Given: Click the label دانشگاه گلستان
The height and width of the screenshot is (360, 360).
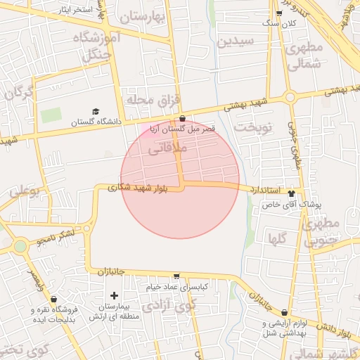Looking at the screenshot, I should click(95, 122).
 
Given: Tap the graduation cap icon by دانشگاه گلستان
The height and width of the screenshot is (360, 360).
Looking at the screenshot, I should click(96, 111).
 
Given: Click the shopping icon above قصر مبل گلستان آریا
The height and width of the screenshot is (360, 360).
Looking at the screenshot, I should click(183, 118).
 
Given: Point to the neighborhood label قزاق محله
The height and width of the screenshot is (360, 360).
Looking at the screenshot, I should click(149, 101).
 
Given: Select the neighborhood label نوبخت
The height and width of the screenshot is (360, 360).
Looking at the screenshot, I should click(252, 128).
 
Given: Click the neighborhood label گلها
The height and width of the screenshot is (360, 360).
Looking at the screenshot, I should click(277, 238).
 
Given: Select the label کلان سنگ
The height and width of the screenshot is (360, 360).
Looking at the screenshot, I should click(280, 23).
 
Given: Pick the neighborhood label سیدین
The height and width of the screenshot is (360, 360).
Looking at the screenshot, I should click(235, 41).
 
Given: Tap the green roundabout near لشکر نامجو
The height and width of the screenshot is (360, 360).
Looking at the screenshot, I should click(20, 245).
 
